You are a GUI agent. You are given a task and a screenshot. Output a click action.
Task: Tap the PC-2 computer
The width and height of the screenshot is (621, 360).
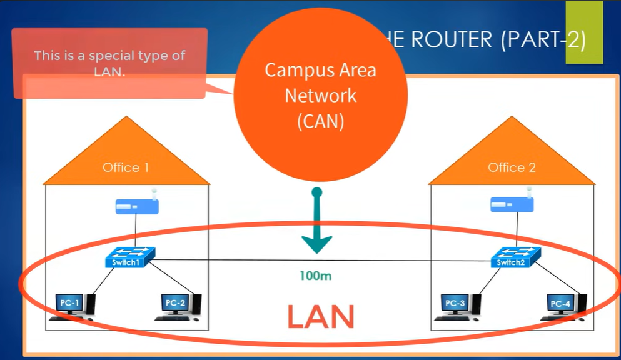tap(179, 305)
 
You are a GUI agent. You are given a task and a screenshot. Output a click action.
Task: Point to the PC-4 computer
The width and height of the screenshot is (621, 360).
tap(563, 305)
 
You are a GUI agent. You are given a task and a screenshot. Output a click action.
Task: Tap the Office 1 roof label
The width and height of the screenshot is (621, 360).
tap(126, 167)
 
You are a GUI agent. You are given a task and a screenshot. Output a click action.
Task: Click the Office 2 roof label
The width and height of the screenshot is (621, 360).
tap(512, 167)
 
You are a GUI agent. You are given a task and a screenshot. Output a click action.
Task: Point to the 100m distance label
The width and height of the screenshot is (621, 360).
tap(317, 275)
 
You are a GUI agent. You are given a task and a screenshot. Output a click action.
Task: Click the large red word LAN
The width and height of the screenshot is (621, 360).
tap(321, 316)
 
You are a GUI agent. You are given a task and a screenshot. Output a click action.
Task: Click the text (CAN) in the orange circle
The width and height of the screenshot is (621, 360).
tap(320, 121)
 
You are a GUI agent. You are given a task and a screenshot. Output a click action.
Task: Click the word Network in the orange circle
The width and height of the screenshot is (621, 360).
tap(320, 96)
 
